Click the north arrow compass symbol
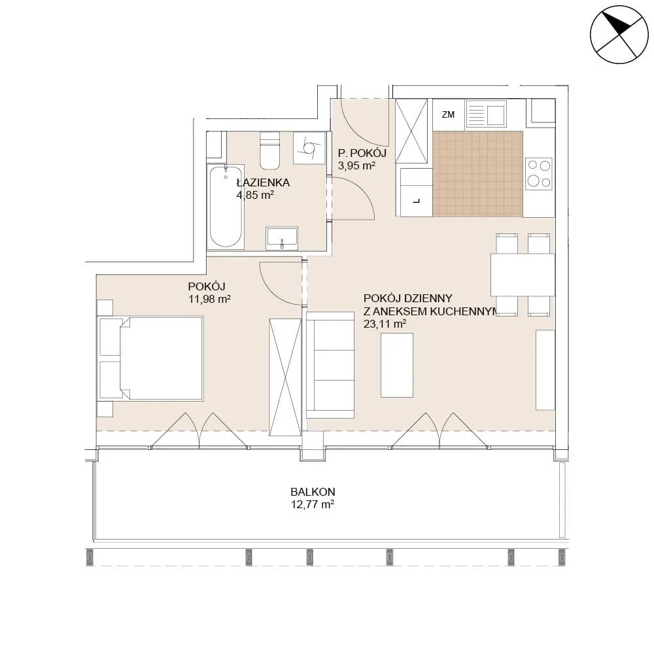tap(619, 35)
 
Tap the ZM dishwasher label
tap(448, 114)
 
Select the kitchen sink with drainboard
tap(486, 113)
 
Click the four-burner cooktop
tap(540, 173)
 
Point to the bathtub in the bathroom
tap(226, 207)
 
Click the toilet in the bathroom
tap(269, 150)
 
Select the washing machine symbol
tap(309, 148)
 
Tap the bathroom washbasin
tap(282, 238)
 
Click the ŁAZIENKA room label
tap(263, 182)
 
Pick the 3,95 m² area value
tap(356, 165)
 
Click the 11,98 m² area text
tap(209, 299)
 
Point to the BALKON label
tap(313, 492)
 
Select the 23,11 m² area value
tap(385, 324)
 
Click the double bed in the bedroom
tap(150, 358)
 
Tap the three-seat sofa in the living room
tap(330, 365)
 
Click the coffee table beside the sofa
tap(397, 365)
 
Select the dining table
tap(523, 275)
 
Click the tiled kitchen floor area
tap(478, 174)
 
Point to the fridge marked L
tap(416, 192)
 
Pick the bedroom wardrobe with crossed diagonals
tap(285, 377)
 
